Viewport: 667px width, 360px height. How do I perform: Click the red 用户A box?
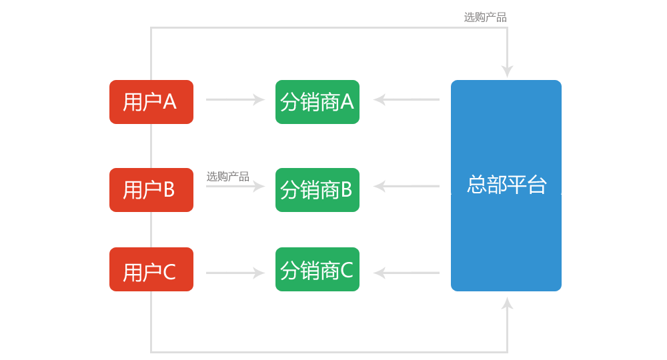coord(151,102)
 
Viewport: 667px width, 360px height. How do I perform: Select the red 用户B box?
coord(151,190)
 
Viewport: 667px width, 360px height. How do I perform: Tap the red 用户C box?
coord(151,269)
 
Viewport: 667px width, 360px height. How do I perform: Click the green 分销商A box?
coord(317,102)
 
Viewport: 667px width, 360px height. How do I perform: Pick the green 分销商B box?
coord(317,190)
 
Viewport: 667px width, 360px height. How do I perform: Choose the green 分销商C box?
coord(317,269)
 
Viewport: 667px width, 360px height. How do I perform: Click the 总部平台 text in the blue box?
coord(506,185)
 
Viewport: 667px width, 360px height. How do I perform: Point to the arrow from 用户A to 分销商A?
coord(235,100)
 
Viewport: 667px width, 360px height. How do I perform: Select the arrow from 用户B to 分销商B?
coord(235,187)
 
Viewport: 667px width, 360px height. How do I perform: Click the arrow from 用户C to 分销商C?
coord(235,273)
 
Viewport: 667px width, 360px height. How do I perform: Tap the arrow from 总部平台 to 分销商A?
coord(406,100)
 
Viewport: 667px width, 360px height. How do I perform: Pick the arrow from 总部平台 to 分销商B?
coord(406,187)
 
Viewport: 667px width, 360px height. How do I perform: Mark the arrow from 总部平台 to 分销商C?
coord(406,273)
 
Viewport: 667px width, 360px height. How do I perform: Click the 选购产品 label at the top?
coord(485,17)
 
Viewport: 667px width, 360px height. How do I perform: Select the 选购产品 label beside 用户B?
coord(227,177)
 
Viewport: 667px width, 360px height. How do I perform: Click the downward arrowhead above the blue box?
coord(507,71)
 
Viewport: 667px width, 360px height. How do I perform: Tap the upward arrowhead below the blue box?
coord(507,304)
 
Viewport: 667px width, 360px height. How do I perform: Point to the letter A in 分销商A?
coord(347,102)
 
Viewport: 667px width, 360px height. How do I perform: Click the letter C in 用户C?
coord(169,273)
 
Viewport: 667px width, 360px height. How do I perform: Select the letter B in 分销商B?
coord(346,191)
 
